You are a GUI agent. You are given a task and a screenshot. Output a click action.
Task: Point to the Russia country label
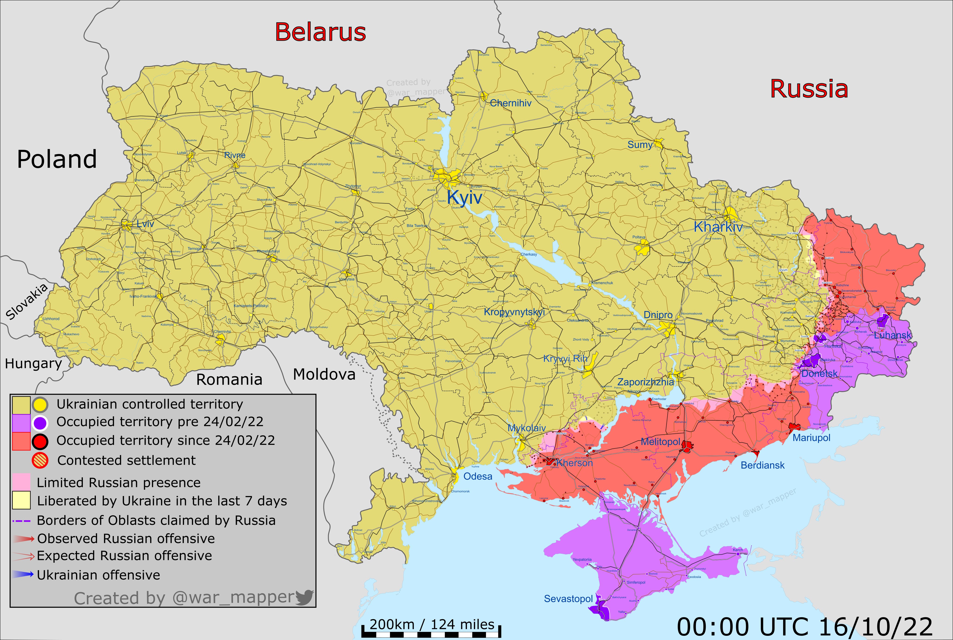(809, 89)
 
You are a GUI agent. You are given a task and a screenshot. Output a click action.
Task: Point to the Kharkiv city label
(718, 227)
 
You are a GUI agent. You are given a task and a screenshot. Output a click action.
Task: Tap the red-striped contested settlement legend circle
(40, 460)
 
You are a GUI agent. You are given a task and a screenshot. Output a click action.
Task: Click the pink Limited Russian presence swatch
(21, 482)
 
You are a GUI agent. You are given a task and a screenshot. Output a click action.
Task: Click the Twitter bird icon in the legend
(304, 597)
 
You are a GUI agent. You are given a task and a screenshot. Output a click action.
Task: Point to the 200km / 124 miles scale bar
(432, 633)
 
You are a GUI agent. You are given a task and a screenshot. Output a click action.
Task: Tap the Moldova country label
(324, 374)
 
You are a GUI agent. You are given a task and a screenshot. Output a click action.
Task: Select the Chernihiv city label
(510, 103)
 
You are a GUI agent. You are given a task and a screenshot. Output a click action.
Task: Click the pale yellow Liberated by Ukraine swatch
(21, 500)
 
